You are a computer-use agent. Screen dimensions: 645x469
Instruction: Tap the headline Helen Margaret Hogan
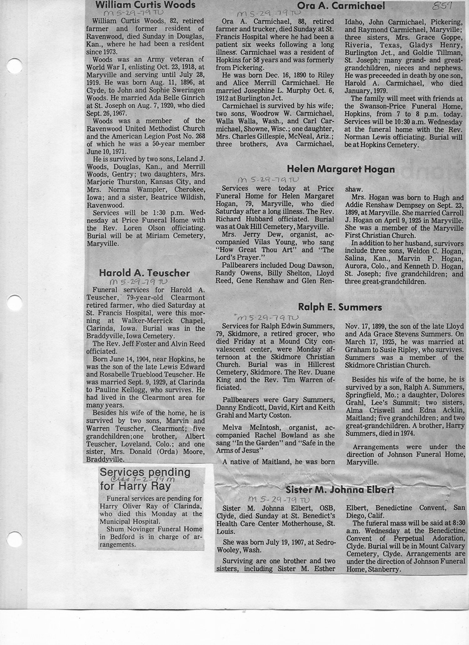[x=341, y=169]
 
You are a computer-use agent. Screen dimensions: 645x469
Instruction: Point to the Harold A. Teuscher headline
[x=144, y=273]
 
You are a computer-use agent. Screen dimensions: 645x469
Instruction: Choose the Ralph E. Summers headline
[x=340, y=307]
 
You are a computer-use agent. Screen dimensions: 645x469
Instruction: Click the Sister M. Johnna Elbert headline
[x=340, y=490]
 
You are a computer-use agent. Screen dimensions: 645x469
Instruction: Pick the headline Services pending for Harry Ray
[x=145, y=478]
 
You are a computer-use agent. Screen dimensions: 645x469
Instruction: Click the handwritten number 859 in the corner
[x=441, y=6]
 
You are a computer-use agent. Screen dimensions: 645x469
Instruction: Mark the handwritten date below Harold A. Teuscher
[x=137, y=282]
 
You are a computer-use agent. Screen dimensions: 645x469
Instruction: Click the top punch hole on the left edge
[x=14, y=66]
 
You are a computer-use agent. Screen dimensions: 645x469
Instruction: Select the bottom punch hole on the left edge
[x=14, y=539]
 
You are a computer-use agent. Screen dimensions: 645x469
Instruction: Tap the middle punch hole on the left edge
[x=14, y=303]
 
